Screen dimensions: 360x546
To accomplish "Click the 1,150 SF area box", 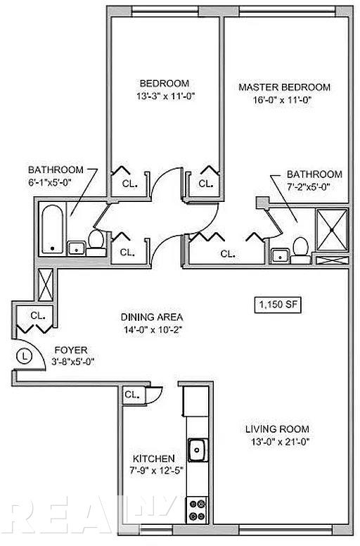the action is pos(278,305).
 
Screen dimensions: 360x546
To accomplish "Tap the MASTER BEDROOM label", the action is pos(285,87).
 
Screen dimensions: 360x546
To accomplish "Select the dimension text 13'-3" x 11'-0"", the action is pos(165,96).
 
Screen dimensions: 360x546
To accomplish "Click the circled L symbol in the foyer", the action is pos(24,356).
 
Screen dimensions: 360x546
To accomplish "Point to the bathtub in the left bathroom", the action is pos(52,229).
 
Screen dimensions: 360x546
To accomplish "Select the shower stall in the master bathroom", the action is pos(332,230).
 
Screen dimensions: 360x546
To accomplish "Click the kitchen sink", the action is pos(198,450).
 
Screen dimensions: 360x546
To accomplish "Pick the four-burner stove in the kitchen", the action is pos(197,510).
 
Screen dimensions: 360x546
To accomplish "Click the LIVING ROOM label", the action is pos(277,429).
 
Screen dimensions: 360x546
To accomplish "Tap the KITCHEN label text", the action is pos(154,459).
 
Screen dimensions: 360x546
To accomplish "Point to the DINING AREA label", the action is pos(152,317).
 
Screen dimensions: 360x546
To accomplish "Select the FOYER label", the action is pos(71,350).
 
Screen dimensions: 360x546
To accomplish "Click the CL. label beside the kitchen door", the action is pos(132,395).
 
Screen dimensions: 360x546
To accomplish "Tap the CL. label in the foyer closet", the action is pos(37,315).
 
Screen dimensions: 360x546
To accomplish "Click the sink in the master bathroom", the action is pos(279,256).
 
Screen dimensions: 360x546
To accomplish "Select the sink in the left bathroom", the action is pos(76,248).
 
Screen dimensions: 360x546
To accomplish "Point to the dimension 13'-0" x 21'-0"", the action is pos(281,442).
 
